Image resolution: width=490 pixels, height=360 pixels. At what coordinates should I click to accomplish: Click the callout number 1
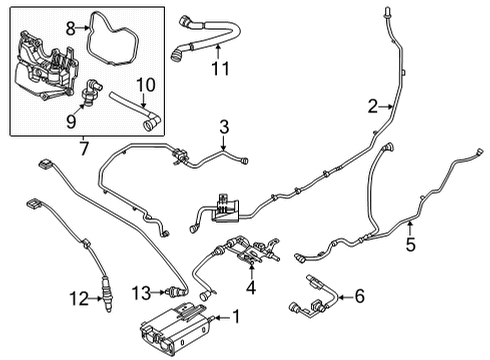pyautogui.click(x=236, y=318)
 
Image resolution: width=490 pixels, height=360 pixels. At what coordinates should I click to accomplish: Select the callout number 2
pyautogui.click(x=372, y=106)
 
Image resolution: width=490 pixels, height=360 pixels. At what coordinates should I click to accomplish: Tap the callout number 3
pyautogui.click(x=225, y=127)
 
